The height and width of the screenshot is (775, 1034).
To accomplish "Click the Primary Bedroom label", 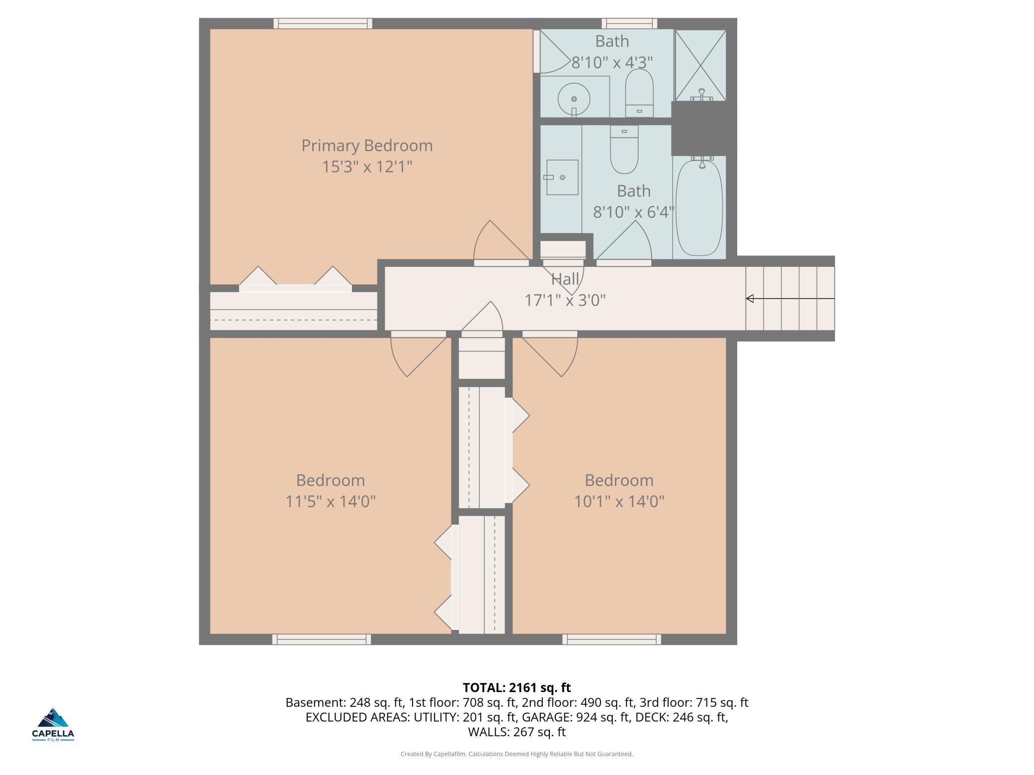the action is (x=367, y=146).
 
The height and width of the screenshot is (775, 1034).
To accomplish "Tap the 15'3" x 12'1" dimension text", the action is (x=367, y=166).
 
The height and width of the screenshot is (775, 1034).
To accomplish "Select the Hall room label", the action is (x=565, y=279).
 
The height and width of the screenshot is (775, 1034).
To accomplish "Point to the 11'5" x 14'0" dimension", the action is (x=331, y=501).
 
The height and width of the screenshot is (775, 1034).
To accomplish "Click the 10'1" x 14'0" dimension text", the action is (x=619, y=501).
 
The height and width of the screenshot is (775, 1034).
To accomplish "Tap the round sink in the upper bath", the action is (x=574, y=99).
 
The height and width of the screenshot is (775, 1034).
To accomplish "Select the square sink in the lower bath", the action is (x=562, y=177).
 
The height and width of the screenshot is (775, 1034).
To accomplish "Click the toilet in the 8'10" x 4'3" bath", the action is (x=639, y=93).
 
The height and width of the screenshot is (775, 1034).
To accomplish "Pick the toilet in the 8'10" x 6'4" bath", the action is (x=624, y=149).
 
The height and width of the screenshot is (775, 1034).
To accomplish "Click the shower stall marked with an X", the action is (x=700, y=65).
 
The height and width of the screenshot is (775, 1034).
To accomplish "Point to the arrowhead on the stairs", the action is (x=750, y=299).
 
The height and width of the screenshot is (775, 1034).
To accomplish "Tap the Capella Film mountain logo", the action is (x=53, y=718).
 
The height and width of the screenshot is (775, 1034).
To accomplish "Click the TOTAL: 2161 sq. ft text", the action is (x=517, y=688).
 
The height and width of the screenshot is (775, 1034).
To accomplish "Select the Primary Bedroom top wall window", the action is (x=323, y=23).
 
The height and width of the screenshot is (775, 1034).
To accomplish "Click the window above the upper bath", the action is (x=629, y=23).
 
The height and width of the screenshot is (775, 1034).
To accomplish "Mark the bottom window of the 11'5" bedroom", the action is (x=322, y=639).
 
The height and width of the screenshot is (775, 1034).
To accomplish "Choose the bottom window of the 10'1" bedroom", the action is (x=612, y=639).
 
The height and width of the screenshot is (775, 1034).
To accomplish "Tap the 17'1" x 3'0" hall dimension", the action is (x=565, y=300).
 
